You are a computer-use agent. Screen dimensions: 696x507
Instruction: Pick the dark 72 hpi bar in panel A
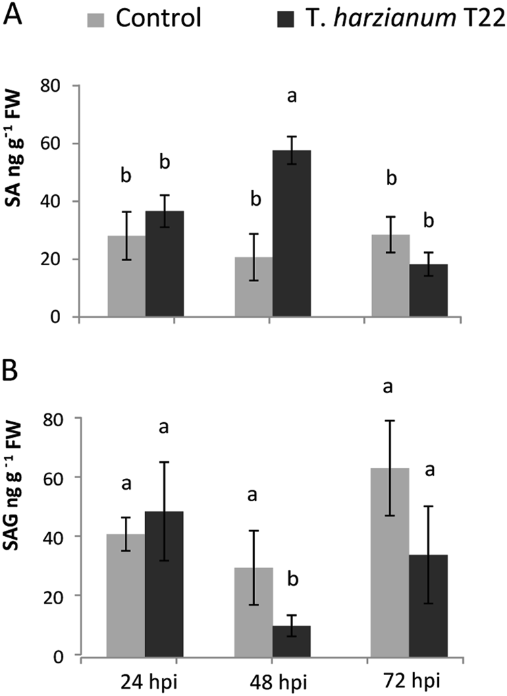tap(428, 291)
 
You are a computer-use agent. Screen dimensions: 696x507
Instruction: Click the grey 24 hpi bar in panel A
tap(126, 277)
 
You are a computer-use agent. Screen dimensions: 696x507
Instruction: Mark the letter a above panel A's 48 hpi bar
tap(292, 96)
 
